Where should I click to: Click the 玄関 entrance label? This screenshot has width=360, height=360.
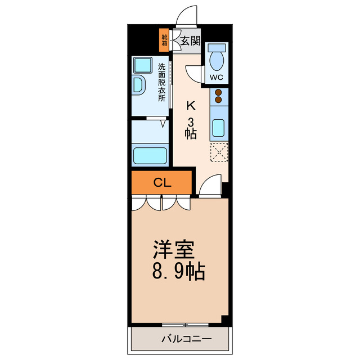pos(191,40)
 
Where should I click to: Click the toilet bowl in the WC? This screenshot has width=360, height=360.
pos(216,58)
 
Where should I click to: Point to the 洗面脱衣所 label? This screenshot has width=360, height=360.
pos(162,82)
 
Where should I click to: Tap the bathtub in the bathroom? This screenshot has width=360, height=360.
pos(150,155)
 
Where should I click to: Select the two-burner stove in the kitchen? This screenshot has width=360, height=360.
pos(218,97)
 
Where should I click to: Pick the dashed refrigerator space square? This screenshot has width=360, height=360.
pos(218,152)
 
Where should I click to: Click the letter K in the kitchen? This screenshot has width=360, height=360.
pos(191,105)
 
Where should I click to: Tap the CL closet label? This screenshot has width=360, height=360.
pos(162,182)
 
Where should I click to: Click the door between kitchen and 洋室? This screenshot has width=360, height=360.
pos(211,187)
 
